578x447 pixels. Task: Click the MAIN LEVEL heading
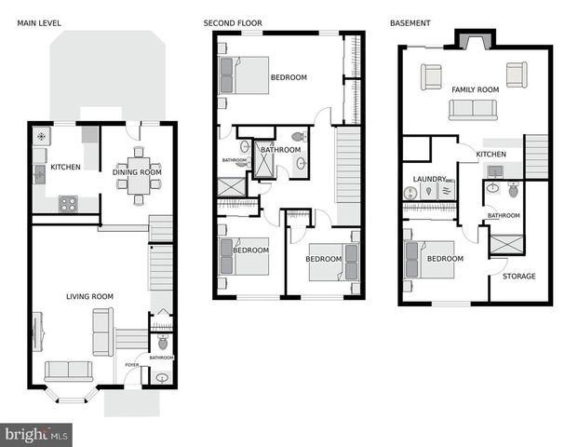[x=37, y=21]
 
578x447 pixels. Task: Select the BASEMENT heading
[x=410, y=21]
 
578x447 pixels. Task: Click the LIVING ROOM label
[x=89, y=296]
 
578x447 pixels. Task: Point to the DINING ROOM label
[x=139, y=172]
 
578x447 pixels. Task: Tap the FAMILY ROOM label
[x=475, y=89]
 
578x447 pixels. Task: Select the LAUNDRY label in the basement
[x=429, y=179]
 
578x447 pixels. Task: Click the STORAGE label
[x=518, y=277]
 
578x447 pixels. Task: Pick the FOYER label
[x=132, y=365]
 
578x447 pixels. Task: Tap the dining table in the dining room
[x=139, y=175]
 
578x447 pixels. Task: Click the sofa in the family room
[x=473, y=110]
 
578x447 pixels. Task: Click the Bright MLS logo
[x=37, y=434]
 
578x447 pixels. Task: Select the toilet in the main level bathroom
[x=163, y=343]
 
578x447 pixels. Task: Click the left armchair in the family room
[x=430, y=75]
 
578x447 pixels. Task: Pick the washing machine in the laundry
[x=411, y=193]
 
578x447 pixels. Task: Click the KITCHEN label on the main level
[x=65, y=168]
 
